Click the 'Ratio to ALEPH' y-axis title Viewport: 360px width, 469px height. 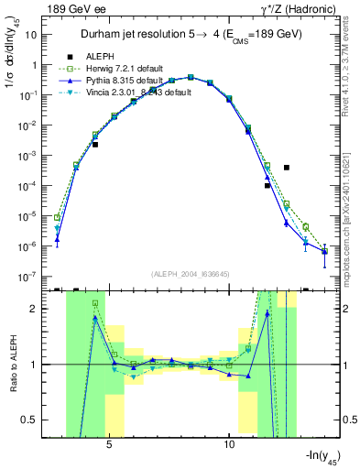pos(13,364)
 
